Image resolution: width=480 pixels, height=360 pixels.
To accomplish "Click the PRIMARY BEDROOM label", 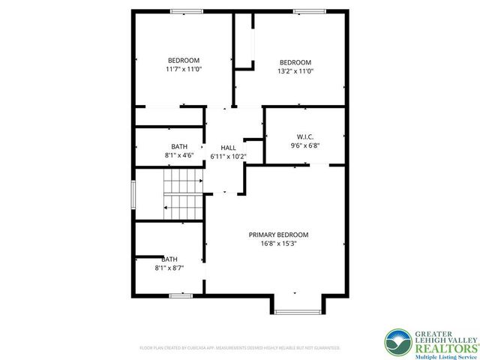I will point(278,235).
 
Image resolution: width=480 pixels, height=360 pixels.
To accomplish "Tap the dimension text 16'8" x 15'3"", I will point(278,243).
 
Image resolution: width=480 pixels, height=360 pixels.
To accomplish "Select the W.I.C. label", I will point(304,136).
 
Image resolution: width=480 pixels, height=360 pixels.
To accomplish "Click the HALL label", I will point(228,148).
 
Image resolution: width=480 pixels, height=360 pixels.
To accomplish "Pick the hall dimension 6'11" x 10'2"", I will point(228,156).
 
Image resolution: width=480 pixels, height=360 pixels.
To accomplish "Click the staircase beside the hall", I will point(184,194).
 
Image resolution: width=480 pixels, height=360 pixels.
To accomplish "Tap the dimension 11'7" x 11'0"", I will point(184,69).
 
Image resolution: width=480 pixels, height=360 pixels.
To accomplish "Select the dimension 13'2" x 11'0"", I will point(295,71).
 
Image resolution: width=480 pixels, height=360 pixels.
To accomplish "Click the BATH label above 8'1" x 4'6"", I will point(179,146).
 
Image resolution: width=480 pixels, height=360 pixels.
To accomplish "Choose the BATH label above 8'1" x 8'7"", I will point(169,259).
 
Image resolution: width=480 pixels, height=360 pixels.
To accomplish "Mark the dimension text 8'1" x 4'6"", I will point(179,155).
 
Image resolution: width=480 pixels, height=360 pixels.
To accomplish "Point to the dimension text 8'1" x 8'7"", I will point(169,267).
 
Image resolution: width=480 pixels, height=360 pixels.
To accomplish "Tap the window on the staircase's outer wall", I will point(133,195).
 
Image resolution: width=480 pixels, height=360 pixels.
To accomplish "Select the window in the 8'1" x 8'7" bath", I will point(181,295).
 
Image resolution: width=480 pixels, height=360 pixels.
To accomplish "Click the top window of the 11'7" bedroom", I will point(186,11).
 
